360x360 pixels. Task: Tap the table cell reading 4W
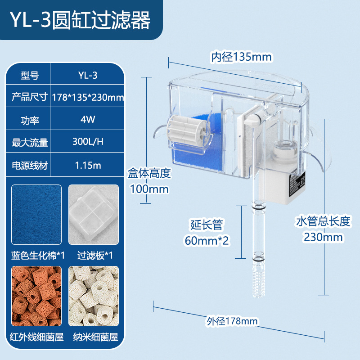click(x=88, y=120)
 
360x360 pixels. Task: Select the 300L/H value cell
click(x=88, y=142)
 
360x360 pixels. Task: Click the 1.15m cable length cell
click(x=88, y=165)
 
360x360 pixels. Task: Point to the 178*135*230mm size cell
click(x=88, y=97)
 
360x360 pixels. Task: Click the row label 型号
click(x=30, y=75)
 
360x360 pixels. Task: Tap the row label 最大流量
click(x=30, y=142)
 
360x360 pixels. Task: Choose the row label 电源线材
click(x=30, y=165)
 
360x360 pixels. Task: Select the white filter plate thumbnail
click(x=94, y=214)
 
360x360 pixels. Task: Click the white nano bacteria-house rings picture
click(x=94, y=295)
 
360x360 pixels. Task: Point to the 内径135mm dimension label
click(x=242, y=57)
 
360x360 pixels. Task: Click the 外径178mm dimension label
click(x=232, y=321)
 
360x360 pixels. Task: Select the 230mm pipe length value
click(x=323, y=237)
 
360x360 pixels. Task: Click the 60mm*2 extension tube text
click(x=207, y=240)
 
